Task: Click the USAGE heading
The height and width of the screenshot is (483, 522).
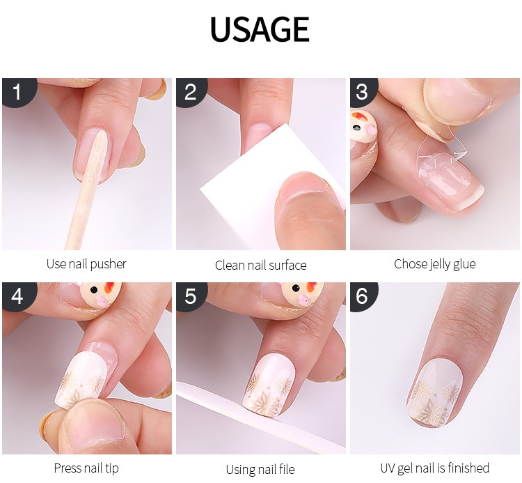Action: (260, 29)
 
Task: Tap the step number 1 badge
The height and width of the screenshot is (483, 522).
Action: (18, 92)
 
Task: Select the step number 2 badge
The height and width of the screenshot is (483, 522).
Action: (191, 92)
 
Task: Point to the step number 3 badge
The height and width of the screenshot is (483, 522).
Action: (363, 92)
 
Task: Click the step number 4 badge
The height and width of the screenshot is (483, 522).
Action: (18, 296)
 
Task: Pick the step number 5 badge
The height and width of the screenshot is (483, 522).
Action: (191, 296)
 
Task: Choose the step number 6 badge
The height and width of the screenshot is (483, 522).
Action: (363, 296)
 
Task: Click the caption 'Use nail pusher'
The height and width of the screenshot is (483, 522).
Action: (86, 264)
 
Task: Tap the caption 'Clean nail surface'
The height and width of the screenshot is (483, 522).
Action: (261, 266)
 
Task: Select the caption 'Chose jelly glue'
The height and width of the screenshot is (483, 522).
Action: (434, 264)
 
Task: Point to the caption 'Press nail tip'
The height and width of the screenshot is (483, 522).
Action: (86, 468)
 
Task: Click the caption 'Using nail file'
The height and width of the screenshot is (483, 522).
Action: (260, 469)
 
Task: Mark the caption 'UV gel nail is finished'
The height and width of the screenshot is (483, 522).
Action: (434, 468)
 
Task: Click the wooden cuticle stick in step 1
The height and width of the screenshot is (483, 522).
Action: (86, 190)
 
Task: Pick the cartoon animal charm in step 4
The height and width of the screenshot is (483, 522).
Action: (100, 293)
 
